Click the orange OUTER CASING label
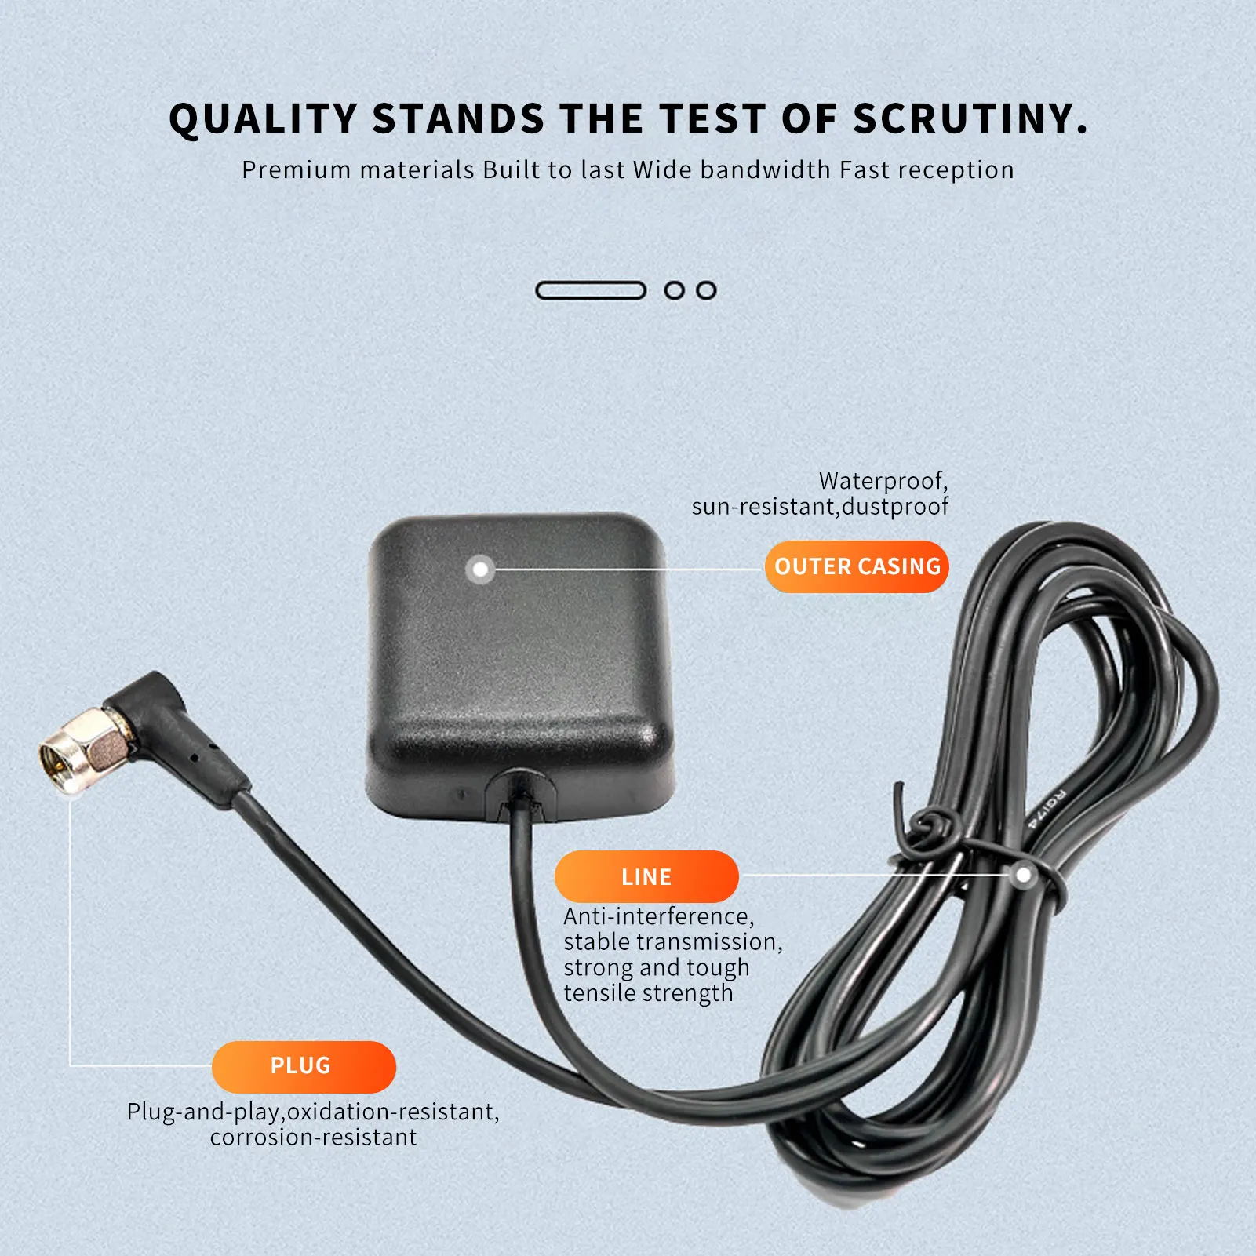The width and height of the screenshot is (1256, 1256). [x=857, y=566]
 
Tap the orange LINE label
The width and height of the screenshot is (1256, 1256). [x=646, y=876]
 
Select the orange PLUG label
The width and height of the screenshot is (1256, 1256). [x=304, y=1067]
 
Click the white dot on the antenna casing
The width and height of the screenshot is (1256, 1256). [x=480, y=569]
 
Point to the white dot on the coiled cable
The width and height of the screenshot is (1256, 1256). [x=1023, y=875]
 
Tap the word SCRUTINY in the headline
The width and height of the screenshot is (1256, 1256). [x=970, y=119]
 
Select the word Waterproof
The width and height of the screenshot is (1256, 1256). [x=883, y=481]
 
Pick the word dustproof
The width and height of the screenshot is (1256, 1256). [x=895, y=507]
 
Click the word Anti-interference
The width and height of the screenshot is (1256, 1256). [x=659, y=916]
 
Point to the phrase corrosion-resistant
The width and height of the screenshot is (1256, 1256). [x=314, y=1138]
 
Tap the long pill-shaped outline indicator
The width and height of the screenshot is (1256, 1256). [x=591, y=290]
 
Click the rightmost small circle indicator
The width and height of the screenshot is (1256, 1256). [x=706, y=290]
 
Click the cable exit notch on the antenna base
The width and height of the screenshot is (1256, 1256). [x=521, y=794]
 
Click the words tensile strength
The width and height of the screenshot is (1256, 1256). [x=649, y=993]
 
